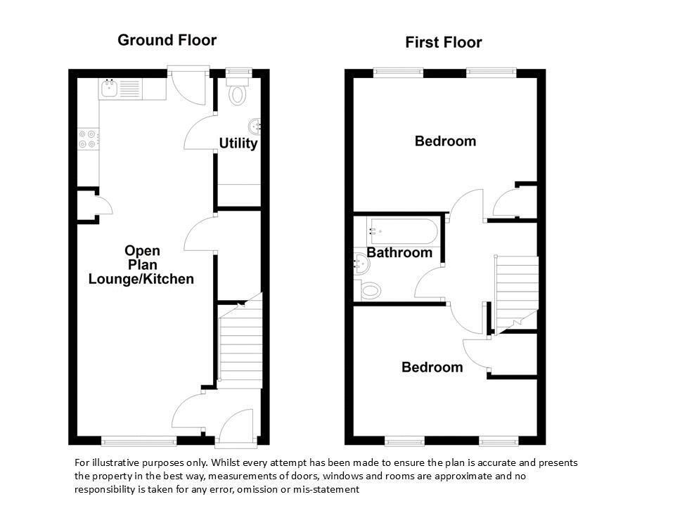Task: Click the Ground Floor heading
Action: point(167,40)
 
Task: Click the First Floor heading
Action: point(444,42)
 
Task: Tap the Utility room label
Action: point(238,143)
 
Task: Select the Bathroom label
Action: point(399,252)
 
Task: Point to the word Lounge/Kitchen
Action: point(141,279)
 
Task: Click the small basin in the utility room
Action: point(255,126)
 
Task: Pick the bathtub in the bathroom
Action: point(402,231)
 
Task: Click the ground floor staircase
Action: point(240,341)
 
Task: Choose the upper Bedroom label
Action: point(445,141)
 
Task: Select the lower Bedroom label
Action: point(432,367)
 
